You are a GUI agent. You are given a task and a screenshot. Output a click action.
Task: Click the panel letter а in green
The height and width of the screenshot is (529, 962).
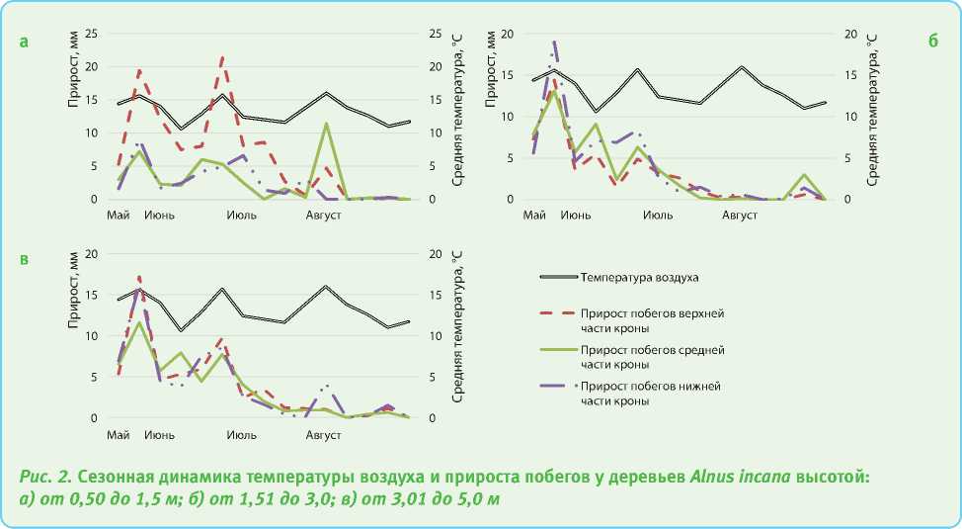pyautogui.click(x=25, y=42)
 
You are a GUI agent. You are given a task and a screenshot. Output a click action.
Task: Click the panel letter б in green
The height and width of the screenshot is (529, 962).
pyautogui.click(x=932, y=42)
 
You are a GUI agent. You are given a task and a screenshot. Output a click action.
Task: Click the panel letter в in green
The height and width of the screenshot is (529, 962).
pyautogui.click(x=25, y=260)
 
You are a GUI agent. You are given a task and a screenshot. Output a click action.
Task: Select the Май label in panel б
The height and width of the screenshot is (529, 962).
pyautogui.click(x=534, y=215)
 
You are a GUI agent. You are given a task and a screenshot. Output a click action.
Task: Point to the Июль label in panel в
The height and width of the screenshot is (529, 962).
pyautogui.click(x=242, y=434)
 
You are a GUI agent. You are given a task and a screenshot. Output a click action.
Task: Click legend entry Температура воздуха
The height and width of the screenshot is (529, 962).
pyautogui.click(x=639, y=278)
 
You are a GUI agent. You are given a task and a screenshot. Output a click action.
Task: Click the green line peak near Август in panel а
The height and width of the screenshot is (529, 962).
pyautogui.click(x=326, y=124)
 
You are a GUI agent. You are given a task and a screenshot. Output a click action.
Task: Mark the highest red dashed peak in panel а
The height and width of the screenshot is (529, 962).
pyautogui.click(x=222, y=57)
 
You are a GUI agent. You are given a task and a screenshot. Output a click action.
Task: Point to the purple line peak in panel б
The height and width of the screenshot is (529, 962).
pyautogui.click(x=555, y=42)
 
